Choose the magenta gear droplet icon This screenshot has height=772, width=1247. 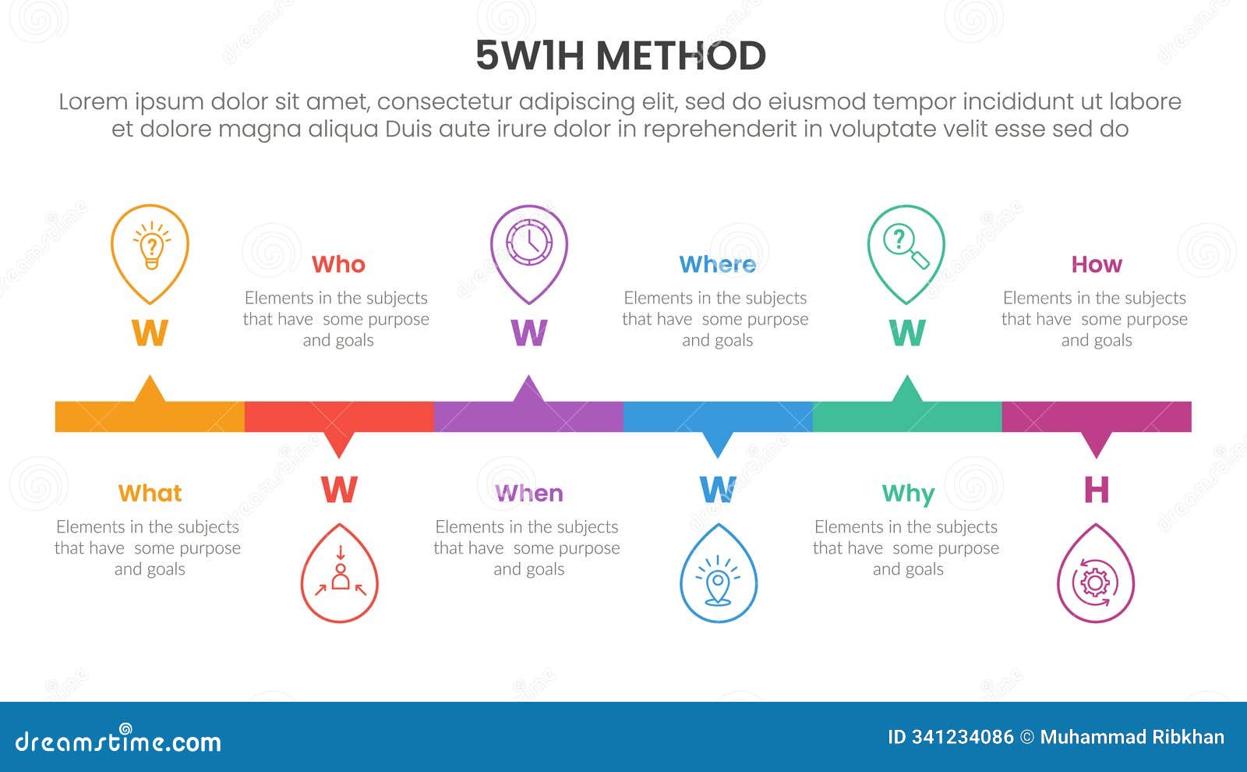click(x=1096, y=577)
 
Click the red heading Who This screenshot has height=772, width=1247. click(x=338, y=264)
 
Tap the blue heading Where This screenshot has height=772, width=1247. click(x=717, y=264)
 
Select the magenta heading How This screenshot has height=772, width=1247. click(x=1096, y=264)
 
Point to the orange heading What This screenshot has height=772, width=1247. click(x=150, y=493)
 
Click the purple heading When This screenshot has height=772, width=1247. click(x=528, y=493)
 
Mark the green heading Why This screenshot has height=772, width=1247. click(x=908, y=494)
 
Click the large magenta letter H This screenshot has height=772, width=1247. click(x=1096, y=490)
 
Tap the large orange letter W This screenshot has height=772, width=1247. click(x=150, y=333)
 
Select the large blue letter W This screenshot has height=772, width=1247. click(x=718, y=490)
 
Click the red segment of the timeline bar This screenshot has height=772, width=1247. click(x=339, y=416)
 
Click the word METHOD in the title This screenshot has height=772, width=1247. click(x=680, y=56)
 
